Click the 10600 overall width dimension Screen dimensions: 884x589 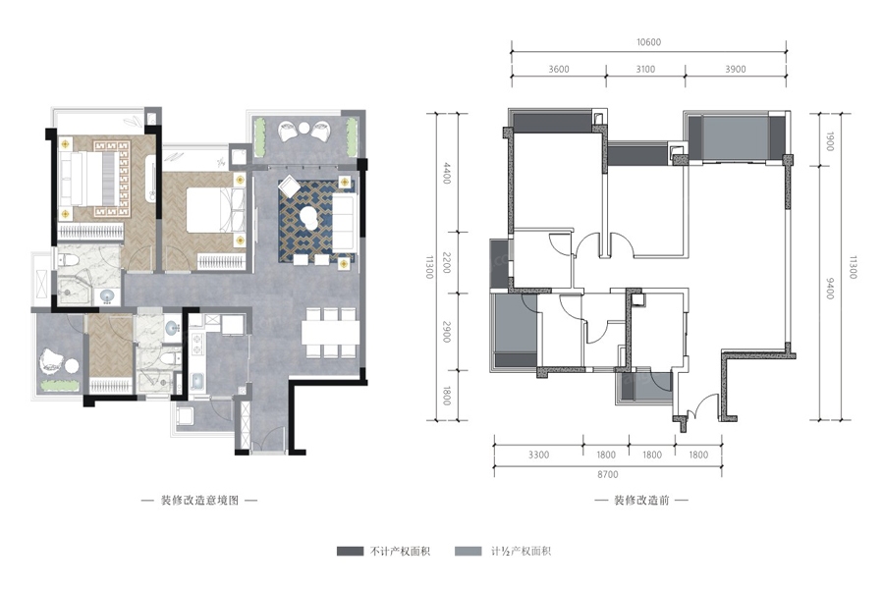coord(648,42)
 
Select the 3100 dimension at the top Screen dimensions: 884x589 coord(645,70)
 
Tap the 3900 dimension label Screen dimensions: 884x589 coord(735,70)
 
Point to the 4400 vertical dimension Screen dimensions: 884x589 coord(447,173)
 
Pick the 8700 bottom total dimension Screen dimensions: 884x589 coord(608,474)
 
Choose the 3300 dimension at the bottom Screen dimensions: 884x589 coord(538,455)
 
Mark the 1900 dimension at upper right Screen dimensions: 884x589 coord(829,141)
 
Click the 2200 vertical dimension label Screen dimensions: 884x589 coord(447,263)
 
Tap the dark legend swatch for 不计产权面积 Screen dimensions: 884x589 coord(350,552)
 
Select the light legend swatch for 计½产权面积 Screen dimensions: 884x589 coord(469,552)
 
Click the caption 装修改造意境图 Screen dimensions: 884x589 coord(200,501)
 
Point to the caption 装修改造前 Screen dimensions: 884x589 coord(641,501)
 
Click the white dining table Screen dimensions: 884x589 coord(329,333)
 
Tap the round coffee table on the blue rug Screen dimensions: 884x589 coord(308,216)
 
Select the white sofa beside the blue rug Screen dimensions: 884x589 coord(345,223)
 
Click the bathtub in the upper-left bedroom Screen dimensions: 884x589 coord(150,178)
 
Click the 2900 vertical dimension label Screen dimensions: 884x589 coord(447,332)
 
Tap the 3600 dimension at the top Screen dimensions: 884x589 coord(559,70)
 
